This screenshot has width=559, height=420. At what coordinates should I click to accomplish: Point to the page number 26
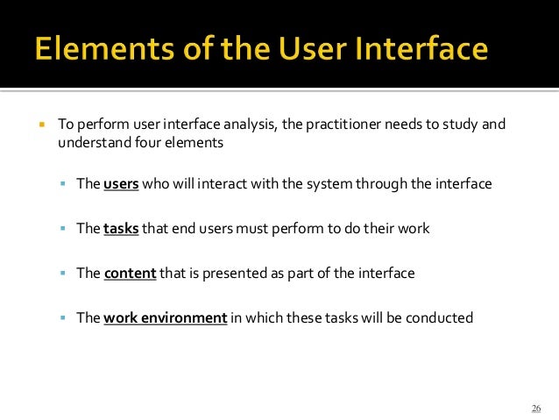click(536, 409)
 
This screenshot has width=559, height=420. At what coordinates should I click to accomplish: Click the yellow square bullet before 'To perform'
click(41, 125)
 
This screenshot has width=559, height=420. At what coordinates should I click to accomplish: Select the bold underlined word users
click(120, 185)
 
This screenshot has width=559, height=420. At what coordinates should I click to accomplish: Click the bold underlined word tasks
click(120, 229)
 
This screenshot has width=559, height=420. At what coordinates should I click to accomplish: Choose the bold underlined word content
click(130, 274)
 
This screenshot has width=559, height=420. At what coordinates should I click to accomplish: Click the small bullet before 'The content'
click(64, 274)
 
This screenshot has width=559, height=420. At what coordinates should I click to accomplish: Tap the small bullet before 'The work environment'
click(64, 317)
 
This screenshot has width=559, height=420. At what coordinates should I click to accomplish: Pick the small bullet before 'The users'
click(64, 185)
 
